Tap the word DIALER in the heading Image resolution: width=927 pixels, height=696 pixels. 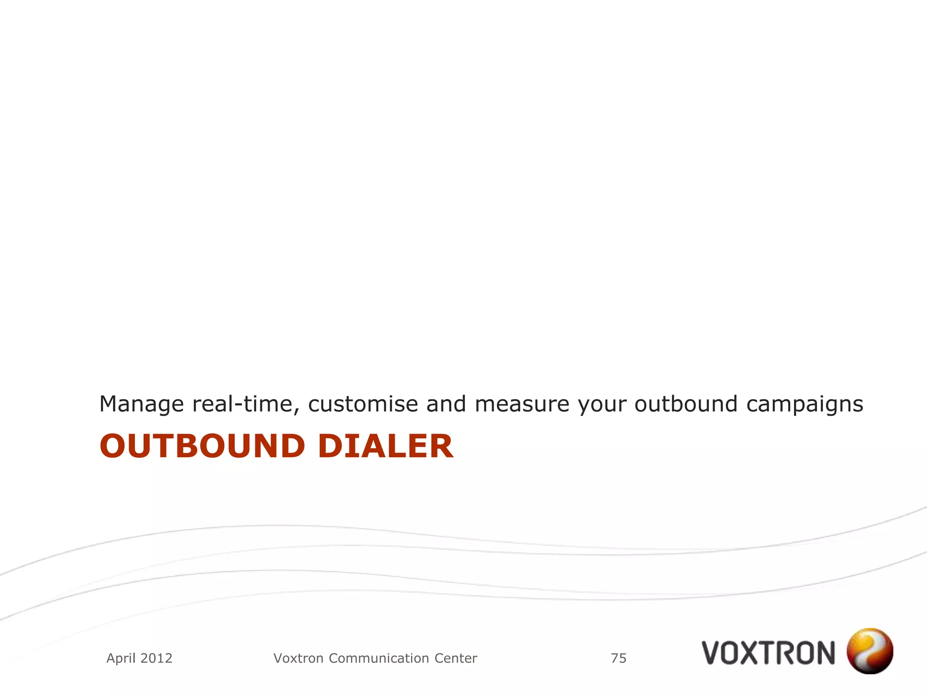[x=385, y=446]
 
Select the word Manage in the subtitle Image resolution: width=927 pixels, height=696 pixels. [x=141, y=404]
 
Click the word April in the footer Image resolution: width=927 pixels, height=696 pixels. [x=120, y=658]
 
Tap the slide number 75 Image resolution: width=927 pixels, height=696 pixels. [x=618, y=658]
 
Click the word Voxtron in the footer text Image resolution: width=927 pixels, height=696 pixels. [x=299, y=658]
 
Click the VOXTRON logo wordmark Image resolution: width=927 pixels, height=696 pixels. [x=768, y=652]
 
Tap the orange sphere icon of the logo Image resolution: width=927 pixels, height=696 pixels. [x=870, y=651]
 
